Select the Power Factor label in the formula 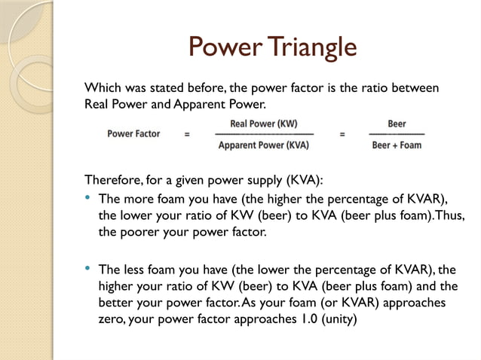133,134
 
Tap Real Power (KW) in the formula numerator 263,123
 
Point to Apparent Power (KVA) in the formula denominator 263,145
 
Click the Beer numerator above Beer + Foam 397,123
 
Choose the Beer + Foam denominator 397,145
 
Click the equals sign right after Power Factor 187,135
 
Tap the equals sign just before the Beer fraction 342,135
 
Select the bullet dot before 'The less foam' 88,269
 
